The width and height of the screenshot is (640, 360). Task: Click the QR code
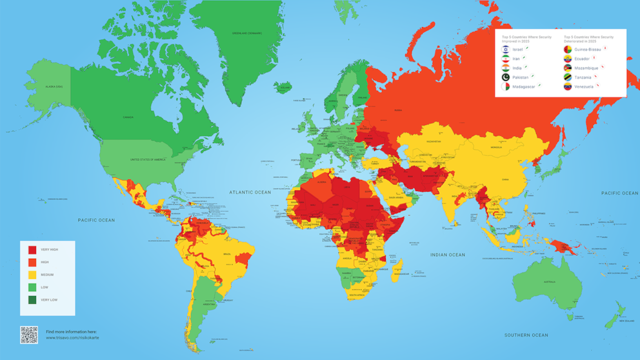(x=29, y=335)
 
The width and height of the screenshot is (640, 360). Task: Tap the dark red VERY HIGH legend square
(x=32, y=250)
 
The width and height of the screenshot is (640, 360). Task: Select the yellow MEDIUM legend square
(x=32, y=275)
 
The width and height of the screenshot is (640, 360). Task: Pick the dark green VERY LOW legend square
(x=32, y=300)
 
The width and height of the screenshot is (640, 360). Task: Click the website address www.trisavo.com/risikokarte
(x=72, y=337)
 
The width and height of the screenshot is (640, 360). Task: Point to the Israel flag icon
(x=506, y=49)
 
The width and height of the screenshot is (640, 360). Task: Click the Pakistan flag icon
(x=506, y=77)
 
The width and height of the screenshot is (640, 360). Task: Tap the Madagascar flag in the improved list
(x=506, y=86)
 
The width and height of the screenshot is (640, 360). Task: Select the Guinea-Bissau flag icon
(x=568, y=49)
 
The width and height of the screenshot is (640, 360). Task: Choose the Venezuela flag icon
(x=568, y=86)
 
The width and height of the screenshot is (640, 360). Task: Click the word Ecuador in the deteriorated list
(x=582, y=59)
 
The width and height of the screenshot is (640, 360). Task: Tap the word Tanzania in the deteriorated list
(x=583, y=77)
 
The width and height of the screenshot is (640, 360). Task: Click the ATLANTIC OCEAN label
(x=250, y=192)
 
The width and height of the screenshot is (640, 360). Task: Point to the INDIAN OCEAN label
(x=448, y=255)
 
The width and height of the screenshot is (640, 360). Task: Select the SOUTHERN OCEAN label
(x=526, y=335)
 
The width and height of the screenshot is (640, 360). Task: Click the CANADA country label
(x=128, y=117)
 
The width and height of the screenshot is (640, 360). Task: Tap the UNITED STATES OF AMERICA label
(x=148, y=159)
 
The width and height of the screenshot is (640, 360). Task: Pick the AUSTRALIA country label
(x=549, y=281)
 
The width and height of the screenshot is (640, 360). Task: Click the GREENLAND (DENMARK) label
(x=247, y=33)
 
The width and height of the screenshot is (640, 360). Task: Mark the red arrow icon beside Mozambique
(x=603, y=66)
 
